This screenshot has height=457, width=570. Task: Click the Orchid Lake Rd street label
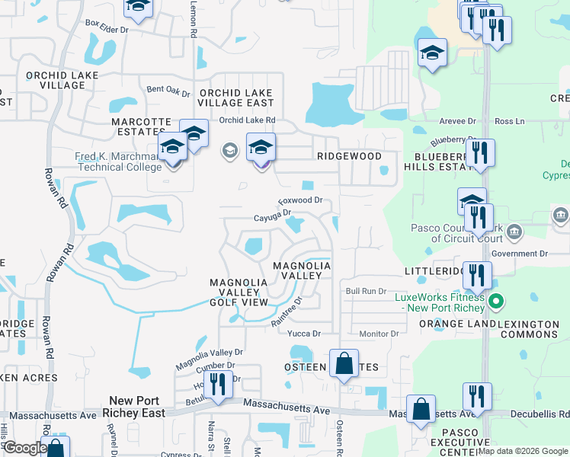(x=247, y=120)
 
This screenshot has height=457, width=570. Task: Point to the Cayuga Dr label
(x=273, y=216)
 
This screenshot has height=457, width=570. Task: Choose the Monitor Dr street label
(x=379, y=334)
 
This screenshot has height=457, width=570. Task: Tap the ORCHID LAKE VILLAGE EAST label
(x=236, y=97)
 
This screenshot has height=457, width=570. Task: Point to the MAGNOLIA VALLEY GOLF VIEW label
(x=239, y=292)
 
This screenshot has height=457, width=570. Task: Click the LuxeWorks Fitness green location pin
(x=496, y=302)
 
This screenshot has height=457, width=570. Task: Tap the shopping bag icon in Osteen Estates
(x=344, y=364)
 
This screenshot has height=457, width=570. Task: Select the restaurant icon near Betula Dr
(x=219, y=385)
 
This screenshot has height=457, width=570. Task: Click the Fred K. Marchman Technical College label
(x=117, y=161)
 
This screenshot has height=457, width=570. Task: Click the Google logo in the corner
(x=24, y=448)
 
